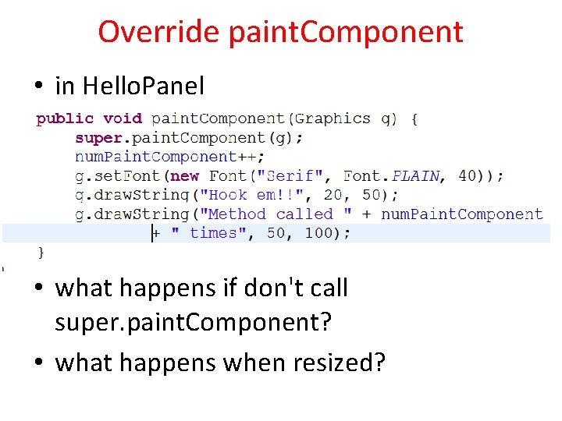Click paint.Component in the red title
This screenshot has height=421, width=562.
click(x=346, y=32)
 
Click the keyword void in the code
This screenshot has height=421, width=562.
click(x=123, y=119)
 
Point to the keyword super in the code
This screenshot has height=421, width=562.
click(x=98, y=138)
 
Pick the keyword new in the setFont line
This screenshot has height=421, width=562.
click(x=184, y=176)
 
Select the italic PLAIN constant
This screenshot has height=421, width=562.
click(x=416, y=176)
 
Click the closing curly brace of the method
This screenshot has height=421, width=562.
click(x=41, y=252)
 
